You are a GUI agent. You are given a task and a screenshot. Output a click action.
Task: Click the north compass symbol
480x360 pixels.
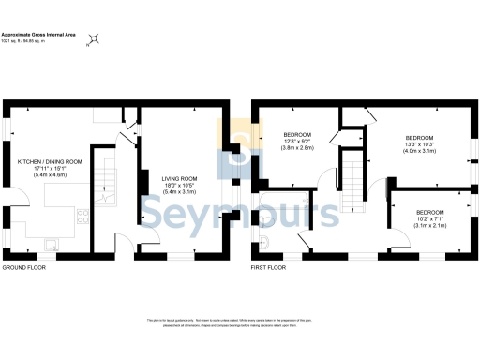(94, 40)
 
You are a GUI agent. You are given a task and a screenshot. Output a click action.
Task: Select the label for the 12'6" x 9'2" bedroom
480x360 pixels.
(299, 135)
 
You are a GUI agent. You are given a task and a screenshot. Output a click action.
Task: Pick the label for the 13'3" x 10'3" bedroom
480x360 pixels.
(419, 138)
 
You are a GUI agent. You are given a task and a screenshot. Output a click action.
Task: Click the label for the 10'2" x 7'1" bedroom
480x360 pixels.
(430, 213)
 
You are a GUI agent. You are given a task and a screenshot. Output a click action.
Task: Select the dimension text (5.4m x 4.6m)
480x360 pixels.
(50, 175)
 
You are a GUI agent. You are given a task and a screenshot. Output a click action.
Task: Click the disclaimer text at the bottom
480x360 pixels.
(240, 323)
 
